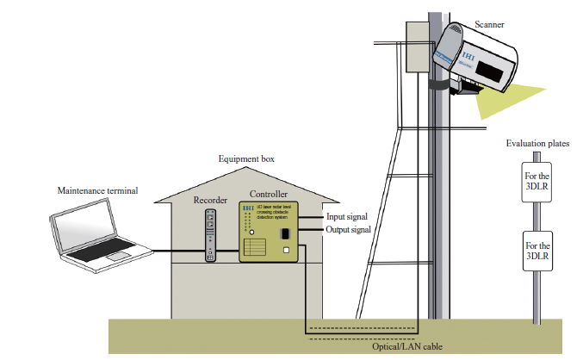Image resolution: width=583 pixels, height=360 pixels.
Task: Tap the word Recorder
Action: [209, 200]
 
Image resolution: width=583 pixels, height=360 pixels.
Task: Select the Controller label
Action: [269, 195]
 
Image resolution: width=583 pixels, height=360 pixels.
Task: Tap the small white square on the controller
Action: [287, 251]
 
